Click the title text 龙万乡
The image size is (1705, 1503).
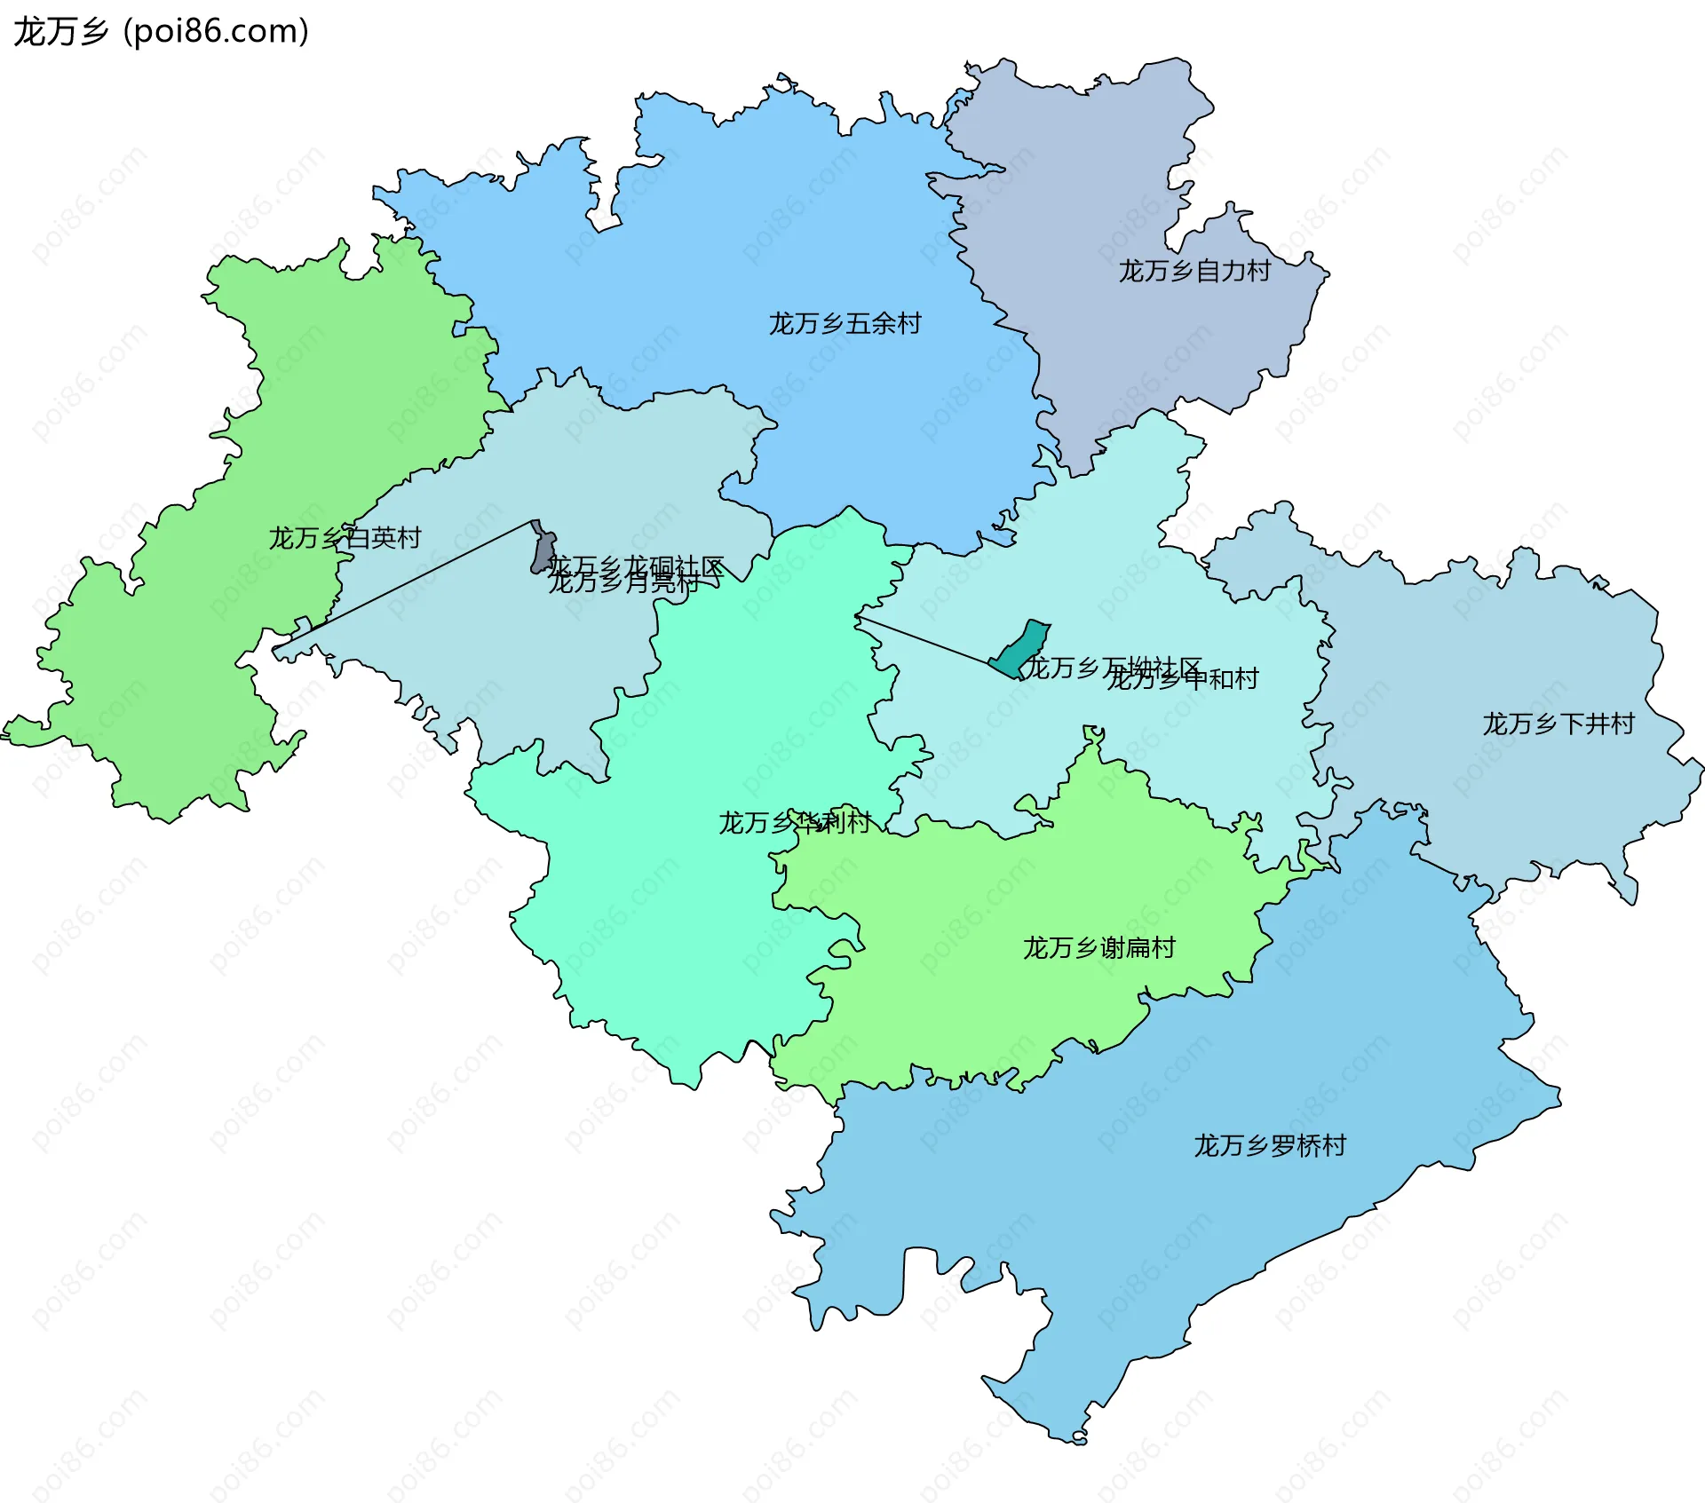60,32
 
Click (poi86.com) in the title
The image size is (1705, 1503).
216,32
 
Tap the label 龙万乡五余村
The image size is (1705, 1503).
845,323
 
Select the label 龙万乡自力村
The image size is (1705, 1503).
1194,271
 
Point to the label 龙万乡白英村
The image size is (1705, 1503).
345,538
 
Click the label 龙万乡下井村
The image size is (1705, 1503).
1558,724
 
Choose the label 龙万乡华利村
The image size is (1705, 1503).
794,823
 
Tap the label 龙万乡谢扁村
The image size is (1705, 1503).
1098,948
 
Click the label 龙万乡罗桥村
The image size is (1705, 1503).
1270,1146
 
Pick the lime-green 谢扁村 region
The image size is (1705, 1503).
977,977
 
